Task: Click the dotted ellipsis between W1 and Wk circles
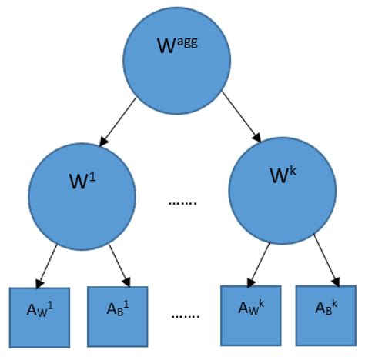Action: pyautogui.click(x=183, y=204)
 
